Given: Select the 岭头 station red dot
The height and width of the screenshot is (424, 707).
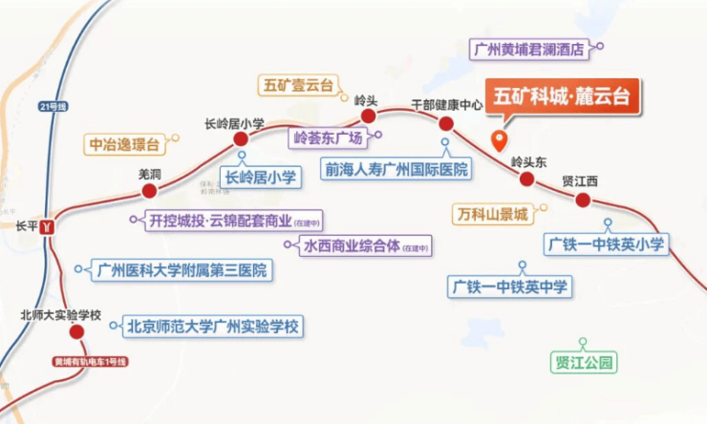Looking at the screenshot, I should click(x=367, y=117).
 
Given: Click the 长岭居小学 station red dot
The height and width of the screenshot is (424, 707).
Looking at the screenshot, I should click(x=241, y=139).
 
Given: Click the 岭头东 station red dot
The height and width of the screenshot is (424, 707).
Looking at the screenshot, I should click(x=526, y=180).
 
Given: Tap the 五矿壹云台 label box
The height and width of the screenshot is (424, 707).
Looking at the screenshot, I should click(x=298, y=85).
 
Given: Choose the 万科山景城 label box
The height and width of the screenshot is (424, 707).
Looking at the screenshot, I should click(x=492, y=215).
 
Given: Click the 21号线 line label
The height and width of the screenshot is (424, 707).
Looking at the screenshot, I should click(x=52, y=105).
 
